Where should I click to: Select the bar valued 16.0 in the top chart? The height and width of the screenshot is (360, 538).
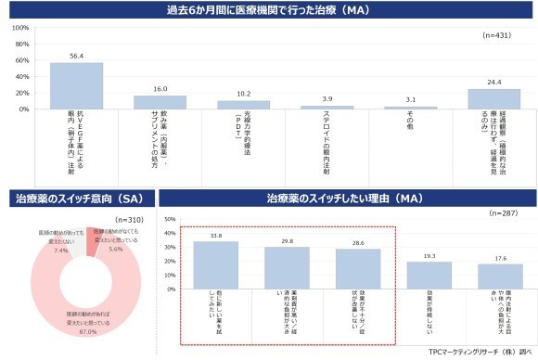point(160,102)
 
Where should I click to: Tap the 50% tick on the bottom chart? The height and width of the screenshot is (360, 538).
point(170,220)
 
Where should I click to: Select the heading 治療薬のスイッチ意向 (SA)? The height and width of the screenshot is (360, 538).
point(79,198)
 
